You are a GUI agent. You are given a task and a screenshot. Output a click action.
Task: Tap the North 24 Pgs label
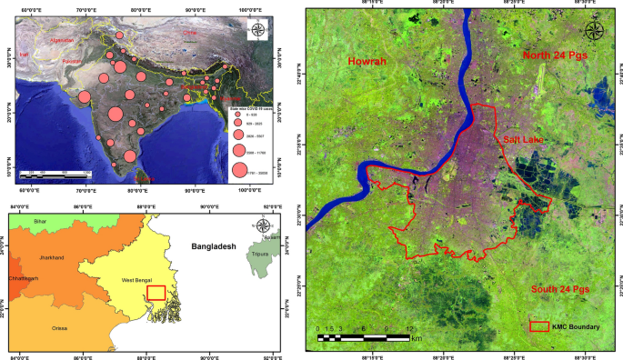point(557,56)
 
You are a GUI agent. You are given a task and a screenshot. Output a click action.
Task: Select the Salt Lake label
point(523,140)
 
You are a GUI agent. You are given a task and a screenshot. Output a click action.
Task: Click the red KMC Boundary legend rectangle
point(539,325)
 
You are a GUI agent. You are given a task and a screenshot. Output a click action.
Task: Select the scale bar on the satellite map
point(364,337)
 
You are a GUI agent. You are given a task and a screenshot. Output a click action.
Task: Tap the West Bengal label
point(136,280)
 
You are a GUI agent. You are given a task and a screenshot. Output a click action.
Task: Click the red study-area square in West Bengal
point(156,293)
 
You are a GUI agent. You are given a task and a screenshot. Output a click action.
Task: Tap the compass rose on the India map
point(257,31)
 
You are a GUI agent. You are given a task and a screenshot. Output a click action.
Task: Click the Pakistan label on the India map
point(73,62)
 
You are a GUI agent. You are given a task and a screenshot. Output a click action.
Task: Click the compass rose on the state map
point(263,225)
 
